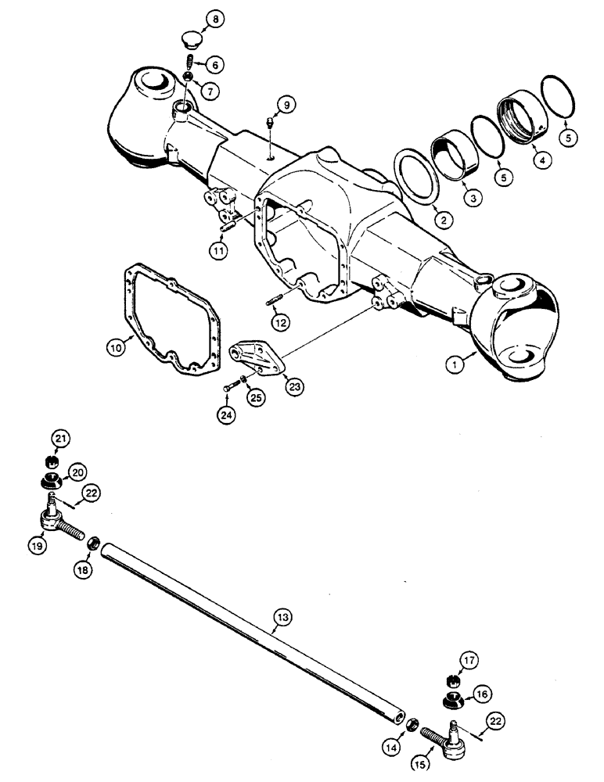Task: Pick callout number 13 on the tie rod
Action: point(282,618)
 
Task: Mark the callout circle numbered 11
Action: point(218,251)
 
